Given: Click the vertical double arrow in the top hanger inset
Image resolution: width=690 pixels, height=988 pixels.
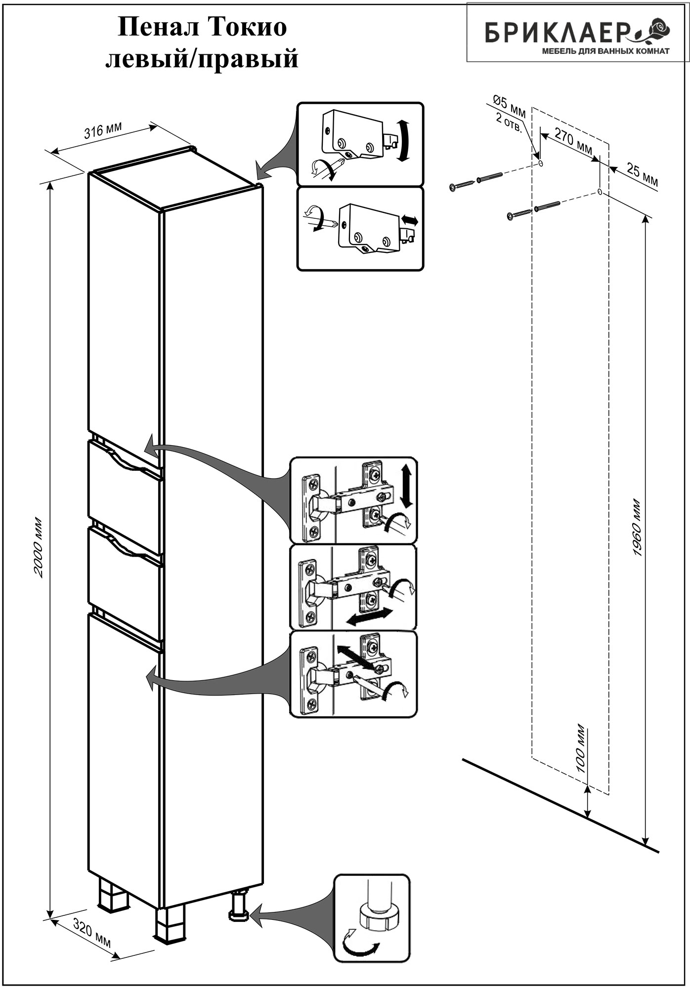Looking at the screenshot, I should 403,140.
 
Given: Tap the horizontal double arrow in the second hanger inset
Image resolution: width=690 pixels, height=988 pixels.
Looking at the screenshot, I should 410,220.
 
